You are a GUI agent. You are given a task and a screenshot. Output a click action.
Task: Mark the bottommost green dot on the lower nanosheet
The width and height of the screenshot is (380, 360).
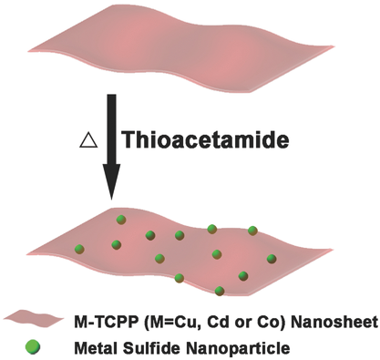[221, 292]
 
